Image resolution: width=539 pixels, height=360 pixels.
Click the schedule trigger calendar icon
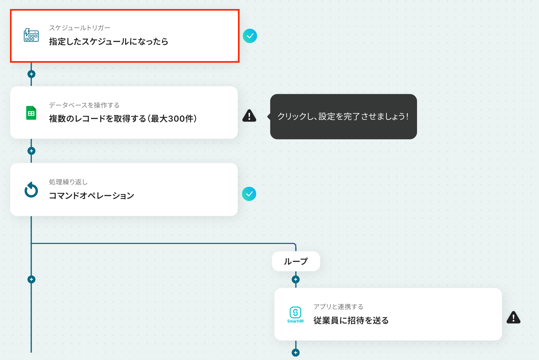[x=31, y=35]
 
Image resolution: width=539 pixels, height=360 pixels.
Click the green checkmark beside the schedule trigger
[x=250, y=36]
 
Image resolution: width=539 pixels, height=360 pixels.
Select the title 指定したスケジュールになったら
[x=109, y=41]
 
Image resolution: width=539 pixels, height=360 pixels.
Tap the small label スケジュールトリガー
[x=80, y=28]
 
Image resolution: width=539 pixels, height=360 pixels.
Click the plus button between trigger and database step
[x=31, y=74]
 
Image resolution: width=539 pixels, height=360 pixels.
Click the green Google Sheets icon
[x=31, y=113]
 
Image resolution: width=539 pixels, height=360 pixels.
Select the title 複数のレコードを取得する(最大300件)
[x=123, y=119]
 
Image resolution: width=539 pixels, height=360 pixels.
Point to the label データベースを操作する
[x=84, y=105]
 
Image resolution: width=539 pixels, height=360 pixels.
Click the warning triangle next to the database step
[x=249, y=115]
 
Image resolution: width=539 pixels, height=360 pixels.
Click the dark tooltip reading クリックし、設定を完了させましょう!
[x=343, y=116]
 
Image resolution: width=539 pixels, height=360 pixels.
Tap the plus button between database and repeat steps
[x=31, y=151]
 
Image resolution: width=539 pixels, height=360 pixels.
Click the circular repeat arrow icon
[x=31, y=190]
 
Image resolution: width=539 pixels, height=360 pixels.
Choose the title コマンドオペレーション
[x=91, y=196]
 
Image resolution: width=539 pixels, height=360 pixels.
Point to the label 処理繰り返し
[x=68, y=182]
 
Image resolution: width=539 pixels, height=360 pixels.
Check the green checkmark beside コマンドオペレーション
[x=249, y=194]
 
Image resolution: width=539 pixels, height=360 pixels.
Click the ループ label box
[x=296, y=261]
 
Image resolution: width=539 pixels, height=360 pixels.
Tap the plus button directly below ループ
[x=296, y=280]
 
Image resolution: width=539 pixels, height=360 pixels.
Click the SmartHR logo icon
[x=295, y=314]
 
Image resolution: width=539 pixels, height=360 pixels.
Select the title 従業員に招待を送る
[x=351, y=320]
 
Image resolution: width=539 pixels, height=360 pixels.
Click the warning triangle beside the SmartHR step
[x=513, y=317]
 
